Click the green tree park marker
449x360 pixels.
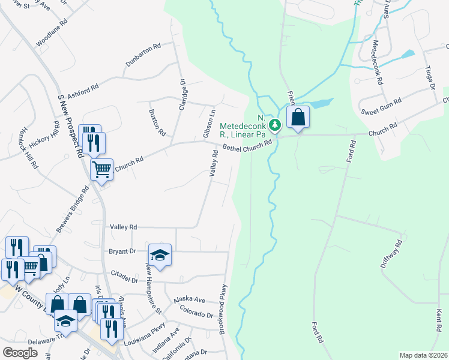point(275,125)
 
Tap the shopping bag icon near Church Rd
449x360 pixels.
point(298,118)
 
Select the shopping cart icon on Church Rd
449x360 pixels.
point(101,170)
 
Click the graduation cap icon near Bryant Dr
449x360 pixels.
point(160,254)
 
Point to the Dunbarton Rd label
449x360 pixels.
point(143,55)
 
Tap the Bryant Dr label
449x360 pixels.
point(122,251)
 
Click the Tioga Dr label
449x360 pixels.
point(430,78)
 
